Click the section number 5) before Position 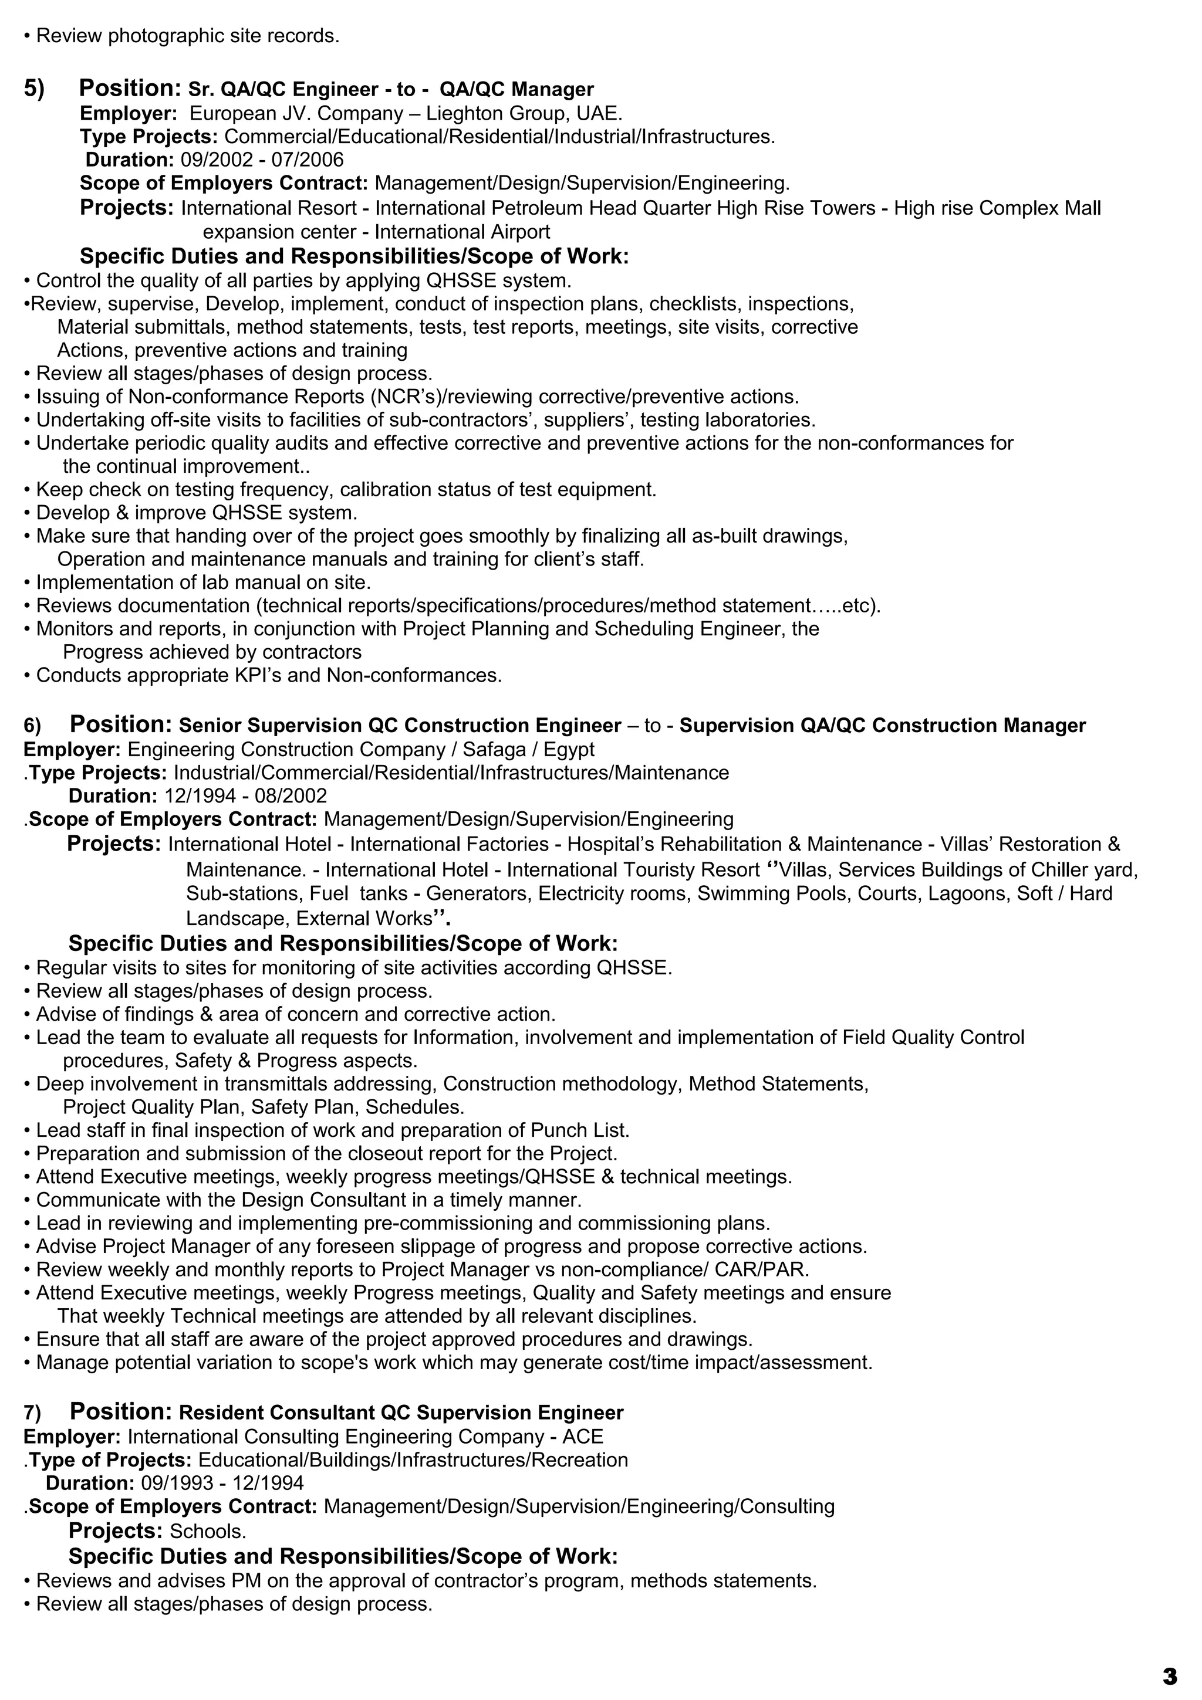[34, 89]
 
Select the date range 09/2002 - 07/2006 [262, 160]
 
